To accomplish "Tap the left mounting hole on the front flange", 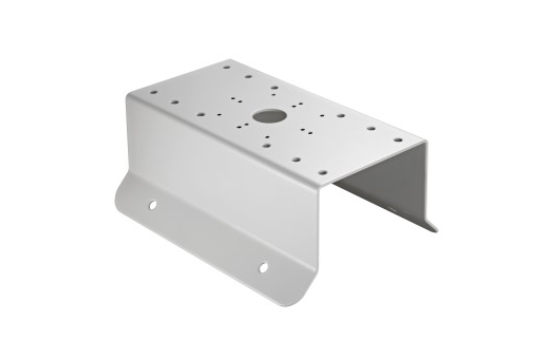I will pos(152,205).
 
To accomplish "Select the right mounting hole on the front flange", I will pos(263,268).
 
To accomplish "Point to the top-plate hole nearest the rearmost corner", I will pos(226,67).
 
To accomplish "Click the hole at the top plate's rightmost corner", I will pos(398,140).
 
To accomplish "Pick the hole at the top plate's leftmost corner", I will pos(153,93).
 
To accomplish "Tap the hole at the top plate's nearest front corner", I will pos(323,173).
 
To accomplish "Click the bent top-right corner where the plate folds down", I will pos(425,142).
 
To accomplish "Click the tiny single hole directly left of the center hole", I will pos(219,115).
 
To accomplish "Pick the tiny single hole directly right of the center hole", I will pos(322,116).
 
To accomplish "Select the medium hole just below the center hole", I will pos(267,145).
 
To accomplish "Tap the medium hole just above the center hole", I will pos(274,88).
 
